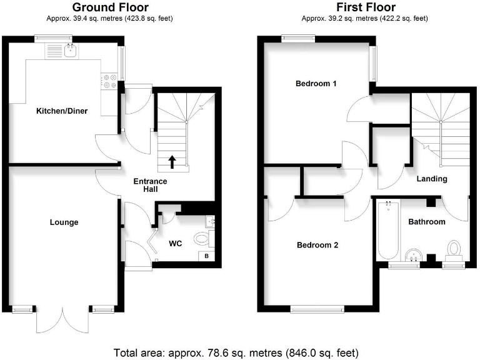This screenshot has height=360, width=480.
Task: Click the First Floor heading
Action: coord(365,7)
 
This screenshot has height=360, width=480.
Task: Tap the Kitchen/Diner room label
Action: coord(61,111)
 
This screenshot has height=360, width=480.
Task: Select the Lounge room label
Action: coord(64,222)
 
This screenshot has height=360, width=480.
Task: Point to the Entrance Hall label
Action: coord(151,186)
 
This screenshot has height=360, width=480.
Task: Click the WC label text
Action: coord(175,243)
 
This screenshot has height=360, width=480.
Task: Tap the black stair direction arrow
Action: coord(172,162)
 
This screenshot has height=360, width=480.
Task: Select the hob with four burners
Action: coord(110,81)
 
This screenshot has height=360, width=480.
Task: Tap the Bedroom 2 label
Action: coord(317,245)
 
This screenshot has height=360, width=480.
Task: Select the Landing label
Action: coord(432,179)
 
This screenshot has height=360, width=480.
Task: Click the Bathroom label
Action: coord(427,222)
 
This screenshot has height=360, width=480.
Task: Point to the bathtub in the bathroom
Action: coord(388,231)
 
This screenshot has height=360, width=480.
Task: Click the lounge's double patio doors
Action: coord(63,321)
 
